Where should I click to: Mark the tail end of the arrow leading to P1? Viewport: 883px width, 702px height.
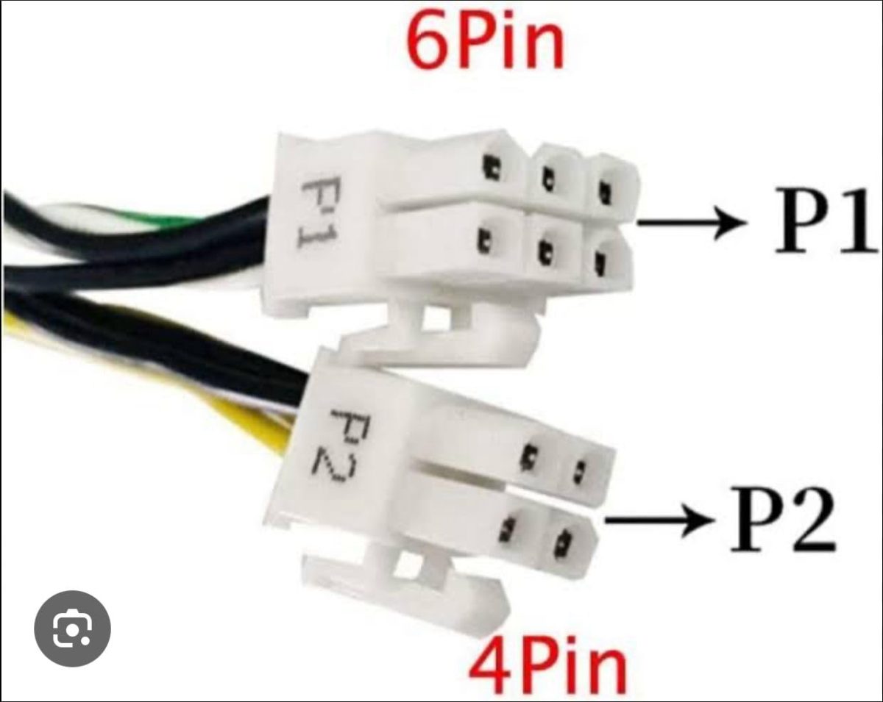(638, 223)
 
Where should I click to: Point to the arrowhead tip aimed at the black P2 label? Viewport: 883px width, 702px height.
(714, 520)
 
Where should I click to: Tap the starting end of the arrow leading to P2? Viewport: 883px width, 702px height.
(606, 520)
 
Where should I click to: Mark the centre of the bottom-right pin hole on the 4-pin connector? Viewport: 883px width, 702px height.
(561, 543)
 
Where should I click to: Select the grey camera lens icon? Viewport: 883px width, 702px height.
(72, 628)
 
